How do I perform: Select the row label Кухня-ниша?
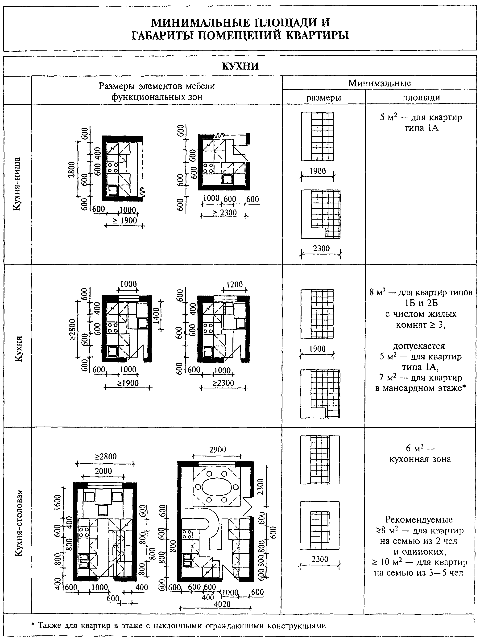pyautogui.click(x=17, y=184)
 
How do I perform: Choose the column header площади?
pyautogui.click(x=421, y=98)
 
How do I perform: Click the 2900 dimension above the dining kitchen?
pyautogui.click(x=218, y=449)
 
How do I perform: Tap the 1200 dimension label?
pyautogui.click(x=235, y=285)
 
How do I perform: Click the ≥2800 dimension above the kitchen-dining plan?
pyautogui.click(x=106, y=457)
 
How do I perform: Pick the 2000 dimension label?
pyautogui.click(x=103, y=471)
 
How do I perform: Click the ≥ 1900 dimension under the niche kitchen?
pyautogui.click(x=125, y=221)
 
